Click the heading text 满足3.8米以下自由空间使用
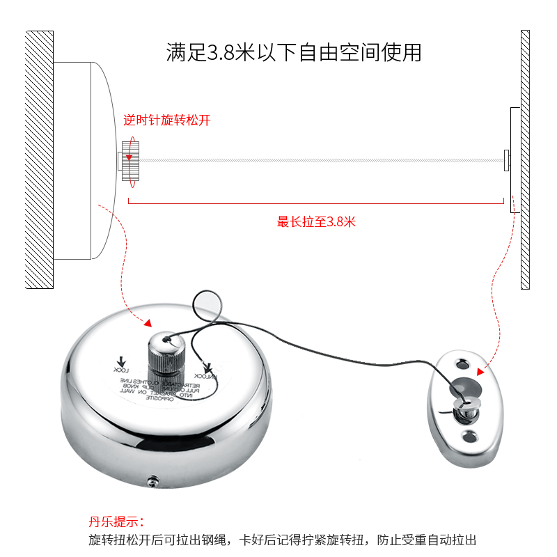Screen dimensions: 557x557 293,53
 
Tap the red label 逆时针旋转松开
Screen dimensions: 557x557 166,120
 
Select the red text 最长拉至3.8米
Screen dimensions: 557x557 316,222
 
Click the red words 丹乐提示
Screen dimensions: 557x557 116,521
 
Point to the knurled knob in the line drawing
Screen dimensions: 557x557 130,161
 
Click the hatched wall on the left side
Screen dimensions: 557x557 39,159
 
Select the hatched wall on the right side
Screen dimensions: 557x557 525,159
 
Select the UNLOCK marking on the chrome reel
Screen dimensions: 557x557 206,372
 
